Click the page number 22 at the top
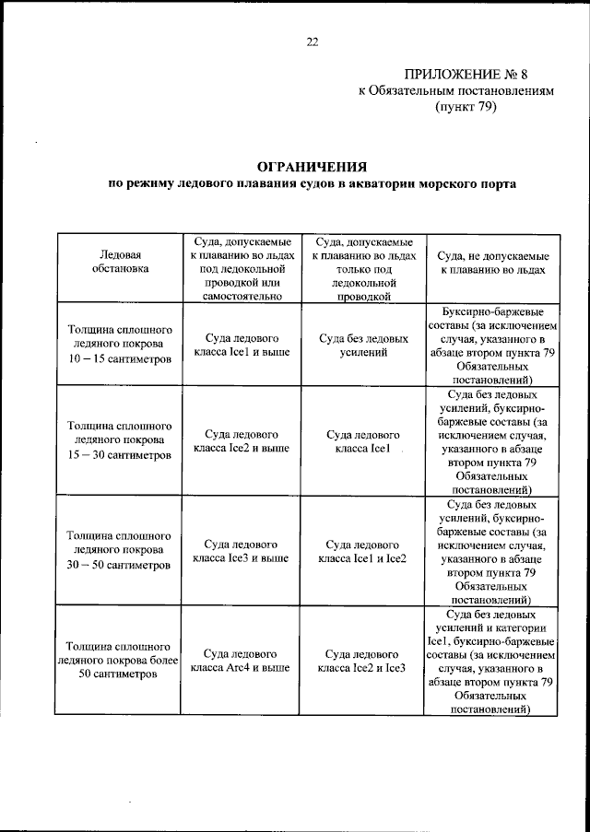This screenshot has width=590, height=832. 312,41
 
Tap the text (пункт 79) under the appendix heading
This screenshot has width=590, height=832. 466,107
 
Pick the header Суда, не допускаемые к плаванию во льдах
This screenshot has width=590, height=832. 492,262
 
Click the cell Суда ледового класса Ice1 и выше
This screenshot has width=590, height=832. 241,345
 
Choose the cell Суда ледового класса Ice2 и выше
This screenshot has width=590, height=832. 241,440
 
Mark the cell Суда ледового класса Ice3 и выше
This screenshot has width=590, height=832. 241,550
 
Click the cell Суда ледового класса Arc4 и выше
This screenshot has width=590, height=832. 241,660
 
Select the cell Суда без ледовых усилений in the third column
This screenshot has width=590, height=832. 364,345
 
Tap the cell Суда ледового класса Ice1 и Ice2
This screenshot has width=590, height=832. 364,550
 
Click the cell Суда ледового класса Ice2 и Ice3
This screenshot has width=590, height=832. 364,660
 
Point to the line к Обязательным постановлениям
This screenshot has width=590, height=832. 456,91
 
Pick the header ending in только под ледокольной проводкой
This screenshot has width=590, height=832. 364,267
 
